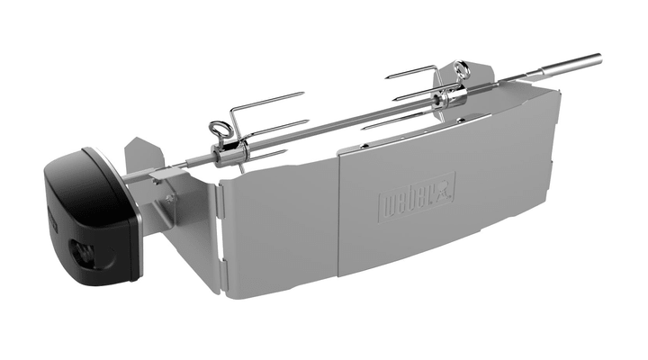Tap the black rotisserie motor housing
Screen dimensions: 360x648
point(90,211)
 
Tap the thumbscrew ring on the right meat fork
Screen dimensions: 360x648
point(462,69)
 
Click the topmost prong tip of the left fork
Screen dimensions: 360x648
point(303,94)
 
